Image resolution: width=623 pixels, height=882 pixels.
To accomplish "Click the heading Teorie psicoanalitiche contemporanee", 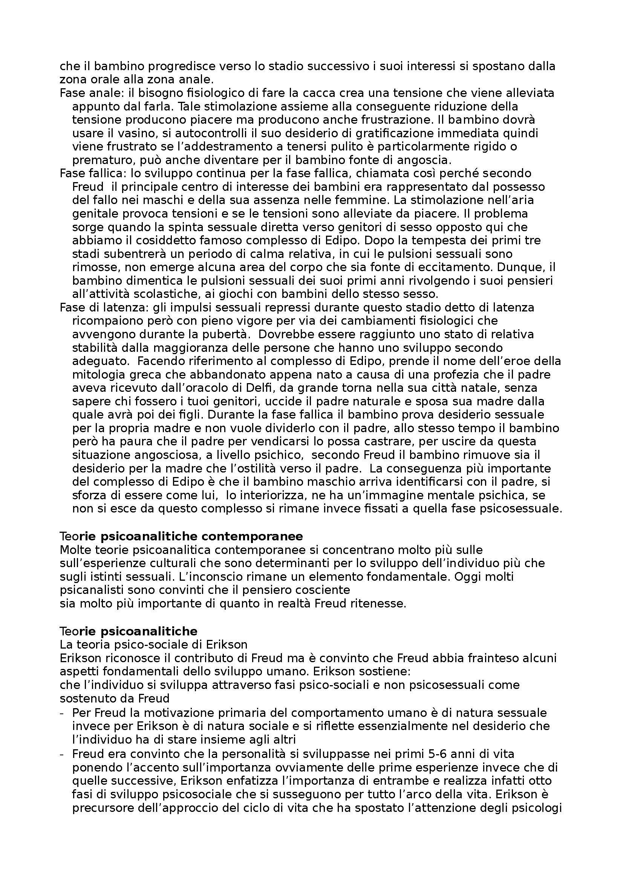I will tap(181, 536).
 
